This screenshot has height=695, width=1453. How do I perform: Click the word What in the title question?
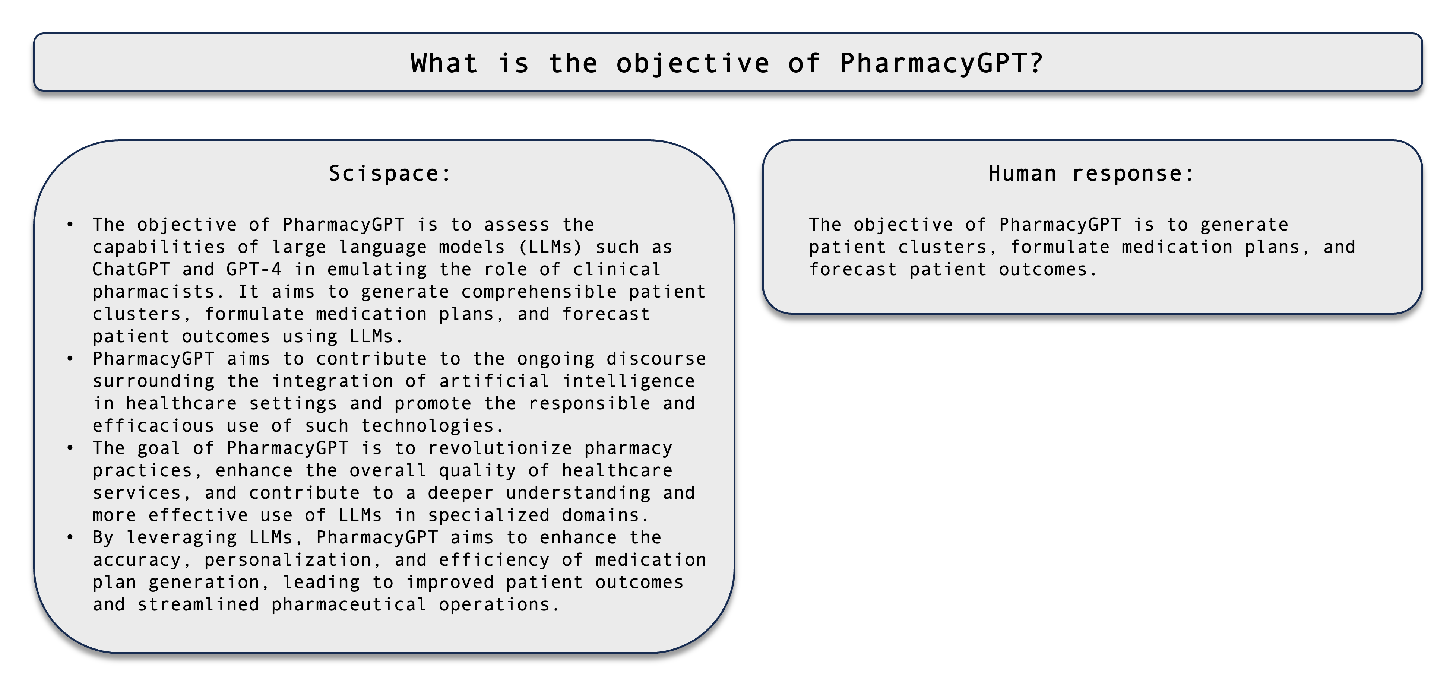(444, 63)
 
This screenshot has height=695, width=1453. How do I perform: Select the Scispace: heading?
(390, 174)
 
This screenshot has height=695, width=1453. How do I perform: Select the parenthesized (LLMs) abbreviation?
(550, 247)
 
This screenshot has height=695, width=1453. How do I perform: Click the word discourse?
(656, 359)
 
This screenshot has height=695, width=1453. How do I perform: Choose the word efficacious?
(154, 426)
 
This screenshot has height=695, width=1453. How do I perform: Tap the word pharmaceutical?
(349, 604)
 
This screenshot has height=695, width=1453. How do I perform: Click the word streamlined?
(199, 604)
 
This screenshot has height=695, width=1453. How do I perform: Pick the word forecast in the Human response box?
(853, 269)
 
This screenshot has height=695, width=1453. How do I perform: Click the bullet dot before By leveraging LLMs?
(70, 537)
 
